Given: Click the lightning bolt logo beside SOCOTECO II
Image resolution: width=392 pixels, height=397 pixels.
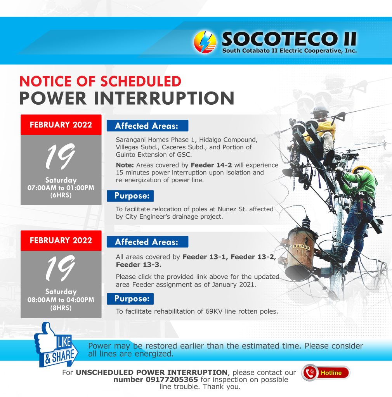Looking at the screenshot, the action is pyautogui.click(x=205, y=42).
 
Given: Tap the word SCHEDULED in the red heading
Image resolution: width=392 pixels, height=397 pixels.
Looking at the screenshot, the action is pyautogui.click(x=141, y=81).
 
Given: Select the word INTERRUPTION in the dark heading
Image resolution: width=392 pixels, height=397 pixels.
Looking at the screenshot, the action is pyautogui.click(x=164, y=98).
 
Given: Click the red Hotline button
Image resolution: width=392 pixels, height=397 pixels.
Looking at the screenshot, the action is pyautogui.click(x=326, y=373).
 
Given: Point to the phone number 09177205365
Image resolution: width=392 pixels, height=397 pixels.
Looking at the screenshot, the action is pyautogui.click(x=172, y=380).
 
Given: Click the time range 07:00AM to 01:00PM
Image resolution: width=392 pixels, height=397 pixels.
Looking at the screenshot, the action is pyautogui.click(x=61, y=188).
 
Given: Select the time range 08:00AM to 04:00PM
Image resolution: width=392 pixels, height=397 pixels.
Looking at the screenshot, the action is pyautogui.click(x=61, y=300).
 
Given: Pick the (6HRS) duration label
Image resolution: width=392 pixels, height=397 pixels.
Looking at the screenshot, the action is pyautogui.click(x=61, y=195).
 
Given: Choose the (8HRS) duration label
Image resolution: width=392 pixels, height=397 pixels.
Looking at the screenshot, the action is pyautogui.click(x=61, y=308).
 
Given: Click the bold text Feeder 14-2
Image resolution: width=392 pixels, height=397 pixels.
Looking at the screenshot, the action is pyautogui.click(x=211, y=165).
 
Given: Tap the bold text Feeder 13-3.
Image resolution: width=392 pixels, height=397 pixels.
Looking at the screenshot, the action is pyautogui.click(x=139, y=265).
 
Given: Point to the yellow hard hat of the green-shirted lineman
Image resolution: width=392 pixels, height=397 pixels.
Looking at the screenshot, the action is pyautogui.click(x=361, y=169).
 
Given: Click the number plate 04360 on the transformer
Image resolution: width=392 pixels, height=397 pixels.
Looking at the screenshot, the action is pyautogui.click(x=300, y=246).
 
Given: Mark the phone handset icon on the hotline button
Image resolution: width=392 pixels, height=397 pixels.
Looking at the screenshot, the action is pyautogui.click(x=310, y=373).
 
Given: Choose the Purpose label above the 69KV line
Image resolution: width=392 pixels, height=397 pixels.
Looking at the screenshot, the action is pyautogui.click(x=130, y=299).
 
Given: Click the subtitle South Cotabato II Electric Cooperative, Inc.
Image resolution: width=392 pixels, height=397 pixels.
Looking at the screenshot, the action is pyautogui.click(x=290, y=51).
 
